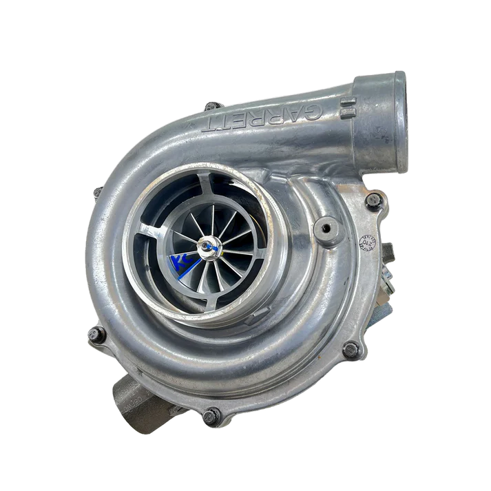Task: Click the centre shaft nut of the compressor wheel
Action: tap(207, 244)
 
